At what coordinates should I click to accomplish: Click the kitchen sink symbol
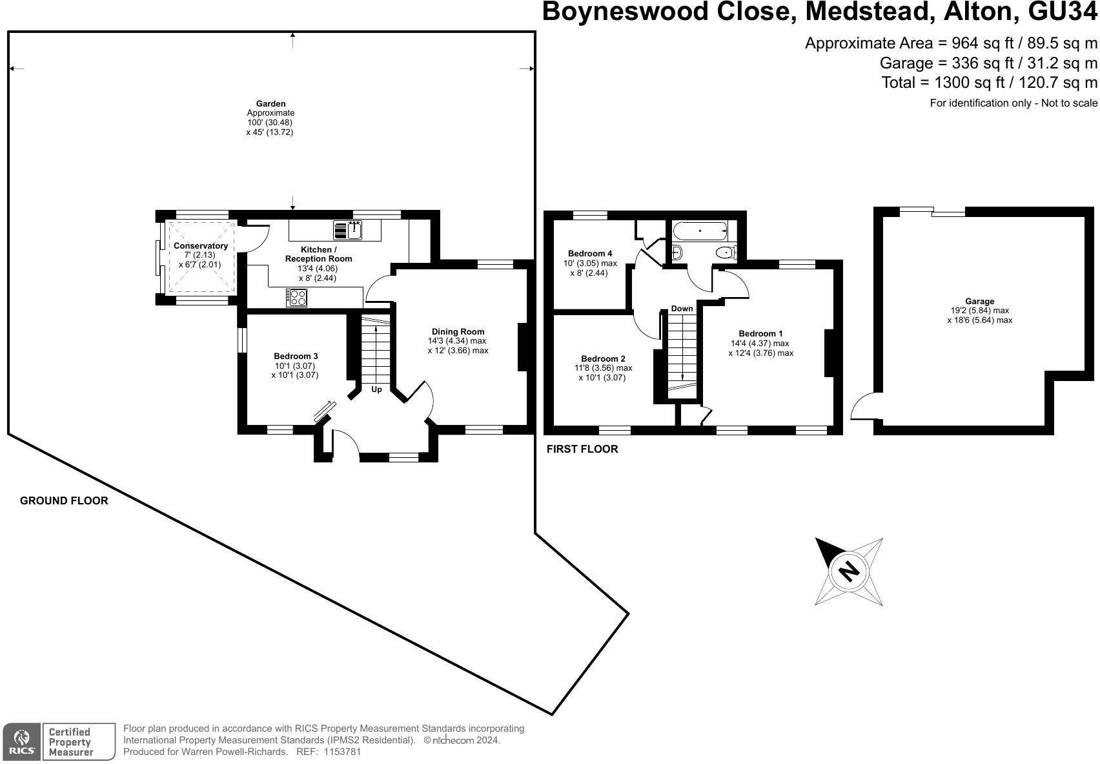348,230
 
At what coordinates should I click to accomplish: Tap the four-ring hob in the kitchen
296,297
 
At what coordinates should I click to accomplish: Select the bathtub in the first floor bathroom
700,231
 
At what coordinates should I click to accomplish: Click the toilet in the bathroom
726,253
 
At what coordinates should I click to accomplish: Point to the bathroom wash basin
677,252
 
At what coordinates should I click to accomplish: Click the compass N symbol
849,572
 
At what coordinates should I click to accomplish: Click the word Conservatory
201,245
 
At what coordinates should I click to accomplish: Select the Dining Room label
458,332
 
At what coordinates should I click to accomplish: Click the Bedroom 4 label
590,254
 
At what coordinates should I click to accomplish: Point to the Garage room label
980,301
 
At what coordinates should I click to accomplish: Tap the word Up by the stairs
376,389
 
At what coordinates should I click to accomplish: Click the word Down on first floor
682,309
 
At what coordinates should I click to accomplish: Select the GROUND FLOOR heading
64,501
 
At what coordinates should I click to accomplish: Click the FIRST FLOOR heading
582,449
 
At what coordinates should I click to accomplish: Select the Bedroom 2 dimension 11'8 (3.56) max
604,368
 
